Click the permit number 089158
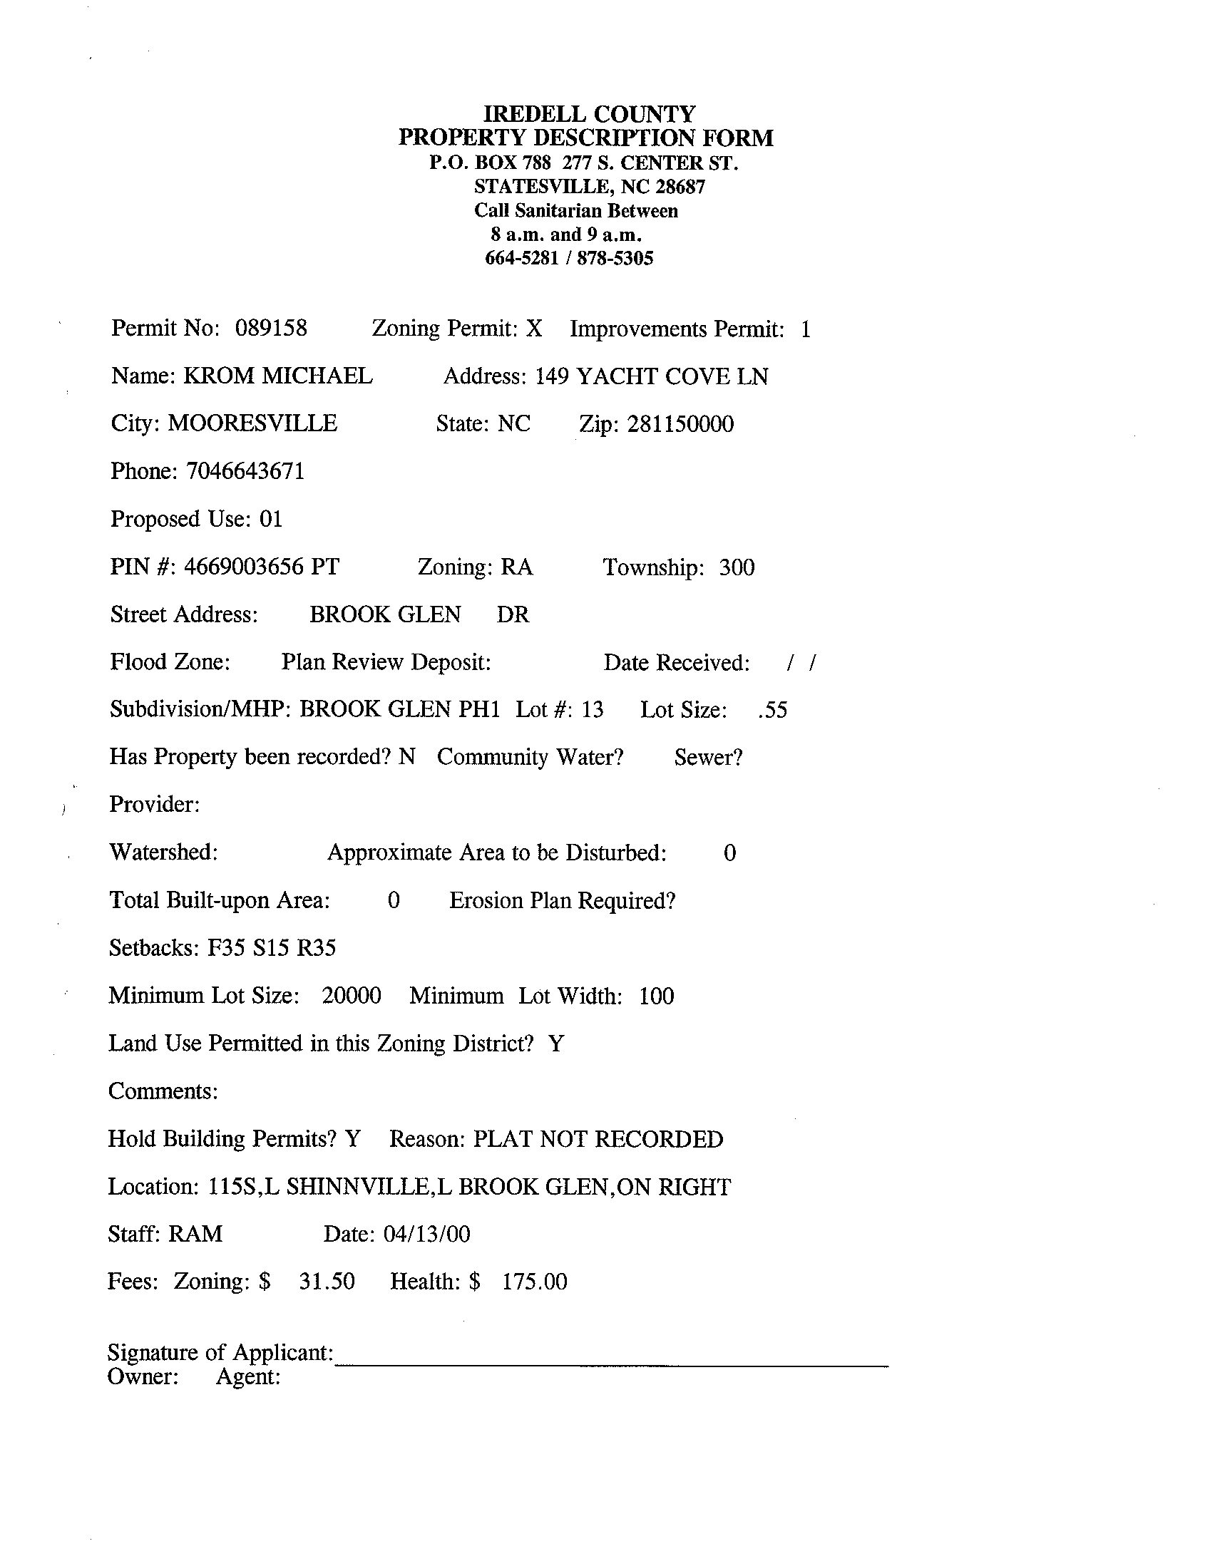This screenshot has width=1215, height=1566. point(270,329)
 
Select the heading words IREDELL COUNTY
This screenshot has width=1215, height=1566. point(589,114)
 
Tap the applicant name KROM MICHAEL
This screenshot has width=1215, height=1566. point(277,376)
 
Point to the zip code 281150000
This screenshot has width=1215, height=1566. point(680,424)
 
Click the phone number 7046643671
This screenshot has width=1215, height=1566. point(245,471)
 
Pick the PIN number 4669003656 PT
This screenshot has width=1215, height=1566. point(261,567)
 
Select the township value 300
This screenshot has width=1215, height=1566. point(737,567)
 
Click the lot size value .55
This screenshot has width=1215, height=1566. point(772,710)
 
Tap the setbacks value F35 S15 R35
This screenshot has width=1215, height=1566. point(271,948)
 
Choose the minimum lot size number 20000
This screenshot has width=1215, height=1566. point(351,996)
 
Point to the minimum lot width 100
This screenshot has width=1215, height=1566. point(656,996)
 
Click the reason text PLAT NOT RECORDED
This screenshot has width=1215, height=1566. point(598,1139)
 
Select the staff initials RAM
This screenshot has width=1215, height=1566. point(195,1234)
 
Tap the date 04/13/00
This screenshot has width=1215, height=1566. point(427,1234)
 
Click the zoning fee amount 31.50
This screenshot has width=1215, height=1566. point(327,1282)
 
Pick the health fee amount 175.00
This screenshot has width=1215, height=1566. point(534,1282)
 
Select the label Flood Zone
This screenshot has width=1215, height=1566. point(169,661)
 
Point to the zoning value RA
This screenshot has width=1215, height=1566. point(516,567)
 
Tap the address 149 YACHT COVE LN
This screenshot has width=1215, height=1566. point(651,376)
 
